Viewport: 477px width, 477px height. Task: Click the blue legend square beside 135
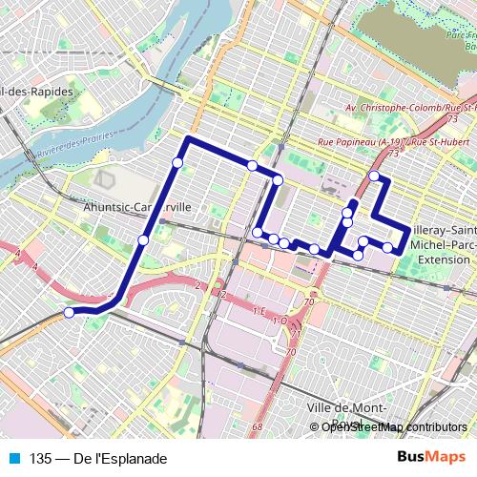(13, 458)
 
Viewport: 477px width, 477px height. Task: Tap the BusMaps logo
(430, 458)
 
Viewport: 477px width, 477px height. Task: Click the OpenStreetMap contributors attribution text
(393, 427)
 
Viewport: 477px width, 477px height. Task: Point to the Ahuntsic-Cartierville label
(138, 206)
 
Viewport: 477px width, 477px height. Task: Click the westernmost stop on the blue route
(69, 312)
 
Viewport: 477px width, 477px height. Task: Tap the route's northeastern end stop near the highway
(374, 176)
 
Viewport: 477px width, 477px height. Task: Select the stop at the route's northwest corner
(177, 163)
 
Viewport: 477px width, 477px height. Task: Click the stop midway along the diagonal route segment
(143, 239)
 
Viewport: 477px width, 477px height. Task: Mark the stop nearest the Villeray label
(388, 247)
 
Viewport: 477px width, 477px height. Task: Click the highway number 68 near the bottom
(257, 426)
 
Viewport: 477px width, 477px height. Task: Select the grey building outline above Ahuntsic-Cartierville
(104, 179)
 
